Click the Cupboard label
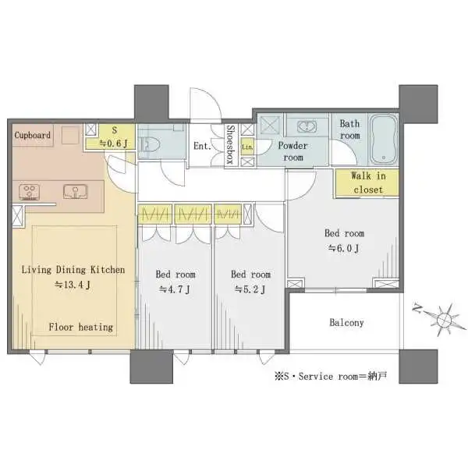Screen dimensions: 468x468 [x=33, y=135]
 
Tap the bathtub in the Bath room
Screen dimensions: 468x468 [x=383, y=138]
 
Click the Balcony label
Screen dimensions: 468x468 [x=346, y=322]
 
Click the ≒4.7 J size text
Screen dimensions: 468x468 [x=175, y=289]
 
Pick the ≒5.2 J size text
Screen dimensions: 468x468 [x=250, y=289]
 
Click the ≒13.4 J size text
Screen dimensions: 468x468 [x=73, y=285]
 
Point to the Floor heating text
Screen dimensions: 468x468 [x=81, y=327]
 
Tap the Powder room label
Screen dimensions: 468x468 [x=293, y=151]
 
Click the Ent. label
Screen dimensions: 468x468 [x=200, y=145]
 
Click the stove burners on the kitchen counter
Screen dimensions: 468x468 [x=30, y=190]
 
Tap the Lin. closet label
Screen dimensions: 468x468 [x=247, y=147]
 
